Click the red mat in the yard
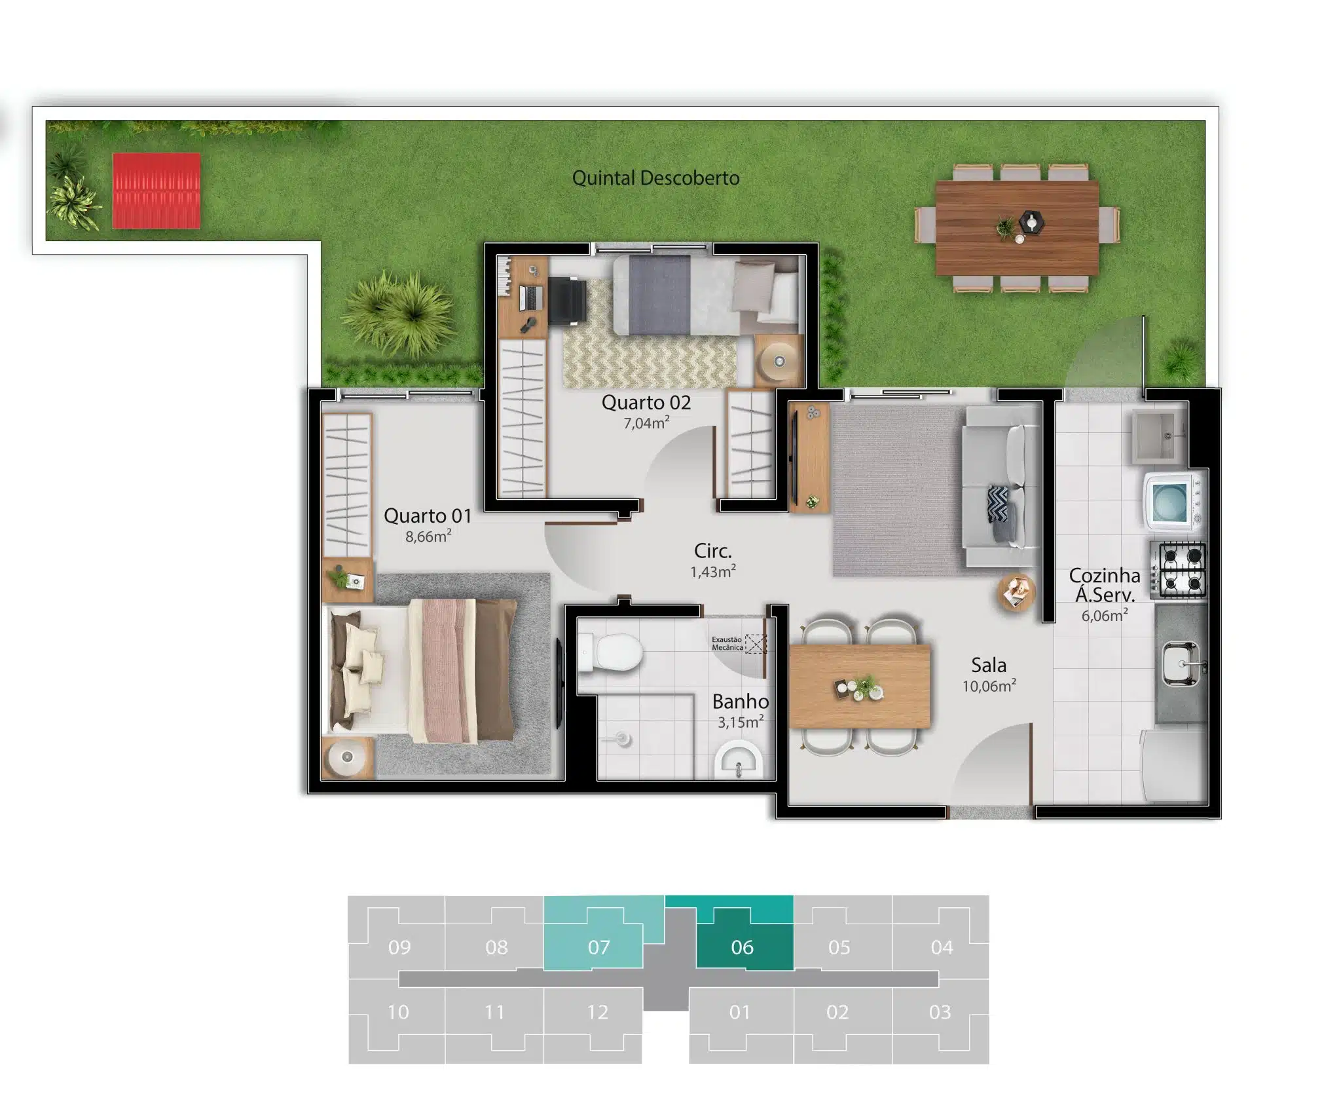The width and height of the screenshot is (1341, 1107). click(156, 191)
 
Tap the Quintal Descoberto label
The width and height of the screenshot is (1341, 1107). click(655, 178)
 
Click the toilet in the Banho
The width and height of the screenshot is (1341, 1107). click(610, 652)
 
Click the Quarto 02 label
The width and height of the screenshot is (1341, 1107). click(646, 402)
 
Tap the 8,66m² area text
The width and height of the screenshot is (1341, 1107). click(428, 536)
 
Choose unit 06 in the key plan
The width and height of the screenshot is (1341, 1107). click(742, 947)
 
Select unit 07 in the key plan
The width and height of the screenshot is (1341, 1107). click(598, 947)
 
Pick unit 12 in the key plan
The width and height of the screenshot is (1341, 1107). click(597, 1012)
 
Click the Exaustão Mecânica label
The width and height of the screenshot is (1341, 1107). click(727, 643)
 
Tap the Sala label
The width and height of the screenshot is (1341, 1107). click(989, 666)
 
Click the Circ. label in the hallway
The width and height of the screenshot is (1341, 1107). click(713, 551)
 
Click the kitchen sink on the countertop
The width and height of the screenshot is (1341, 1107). click(1182, 664)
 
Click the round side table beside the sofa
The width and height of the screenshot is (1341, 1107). click(1016, 591)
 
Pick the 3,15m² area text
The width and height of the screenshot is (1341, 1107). click(741, 722)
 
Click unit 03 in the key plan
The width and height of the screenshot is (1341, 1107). click(940, 1012)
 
